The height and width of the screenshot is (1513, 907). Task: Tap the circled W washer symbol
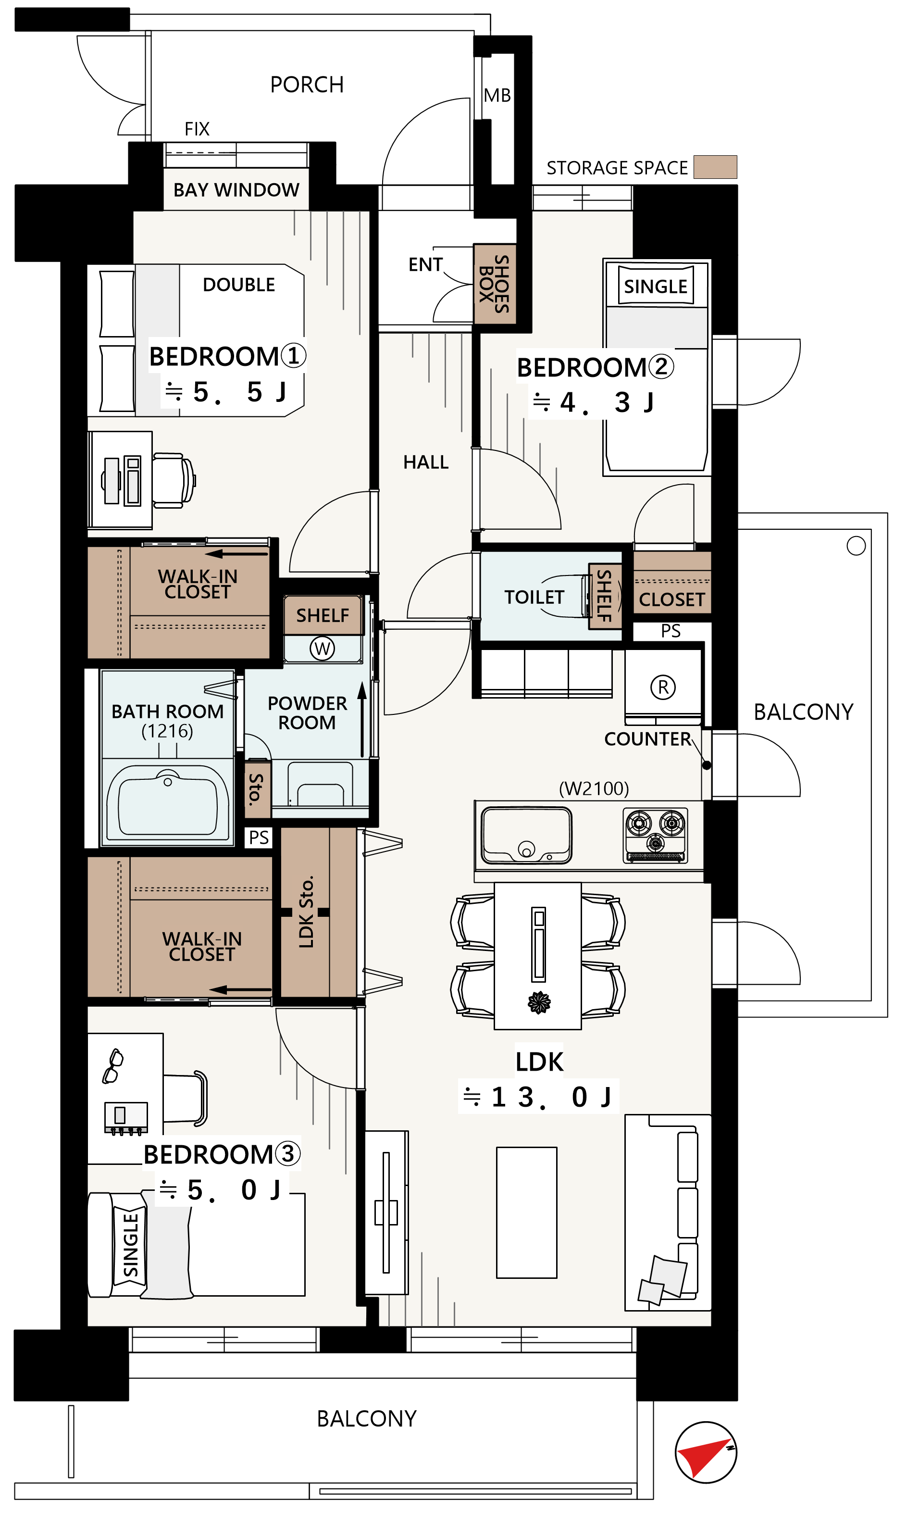tap(322, 648)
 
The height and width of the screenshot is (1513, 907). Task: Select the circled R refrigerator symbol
tap(663, 687)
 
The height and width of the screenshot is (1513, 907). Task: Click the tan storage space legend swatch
tap(715, 167)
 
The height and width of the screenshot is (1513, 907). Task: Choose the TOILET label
tap(534, 597)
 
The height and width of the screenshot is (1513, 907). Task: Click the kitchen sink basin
tap(526, 835)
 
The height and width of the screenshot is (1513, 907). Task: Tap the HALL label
tap(426, 462)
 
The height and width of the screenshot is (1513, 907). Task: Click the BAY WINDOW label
tap(236, 190)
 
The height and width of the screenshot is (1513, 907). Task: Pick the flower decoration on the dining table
tap(538, 1002)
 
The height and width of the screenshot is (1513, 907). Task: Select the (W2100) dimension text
tap(594, 788)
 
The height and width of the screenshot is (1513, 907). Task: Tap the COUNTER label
tap(648, 739)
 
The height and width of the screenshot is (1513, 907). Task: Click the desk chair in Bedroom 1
tap(174, 480)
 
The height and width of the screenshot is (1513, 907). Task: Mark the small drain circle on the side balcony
tap(856, 546)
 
